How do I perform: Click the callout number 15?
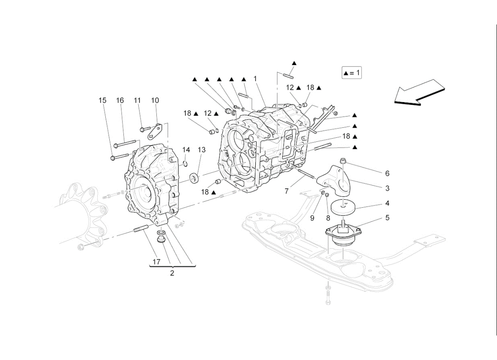click(x=103, y=100)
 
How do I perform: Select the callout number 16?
click(x=120, y=100)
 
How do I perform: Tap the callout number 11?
click(x=138, y=100)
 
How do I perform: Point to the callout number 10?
click(x=155, y=100)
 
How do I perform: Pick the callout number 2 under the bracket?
click(x=172, y=273)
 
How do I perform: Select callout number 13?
click(x=201, y=150)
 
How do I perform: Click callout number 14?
click(x=186, y=150)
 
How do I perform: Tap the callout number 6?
click(x=387, y=173)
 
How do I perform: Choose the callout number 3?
click(x=387, y=188)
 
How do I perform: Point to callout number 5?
click(x=387, y=218)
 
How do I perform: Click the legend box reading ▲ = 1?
click(x=352, y=72)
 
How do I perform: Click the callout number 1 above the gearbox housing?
click(x=255, y=79)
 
